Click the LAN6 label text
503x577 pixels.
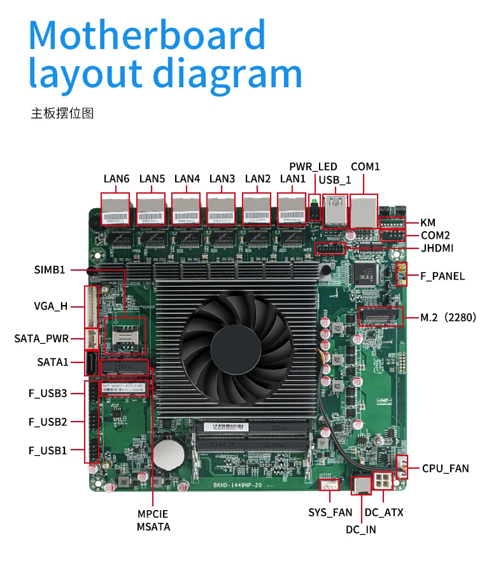117,179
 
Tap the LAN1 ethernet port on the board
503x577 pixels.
292,211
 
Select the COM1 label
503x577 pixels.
365,167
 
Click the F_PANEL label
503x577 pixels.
442,276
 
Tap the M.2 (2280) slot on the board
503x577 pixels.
381,317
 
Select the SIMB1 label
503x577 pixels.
50,269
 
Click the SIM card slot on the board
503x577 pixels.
125,335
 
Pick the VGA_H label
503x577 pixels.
50,306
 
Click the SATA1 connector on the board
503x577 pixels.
90,364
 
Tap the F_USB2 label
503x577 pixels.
48,422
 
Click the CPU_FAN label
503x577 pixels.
445,469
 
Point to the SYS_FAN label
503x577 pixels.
330,512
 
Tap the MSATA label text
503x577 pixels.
153,527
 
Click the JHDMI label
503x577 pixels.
441,248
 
